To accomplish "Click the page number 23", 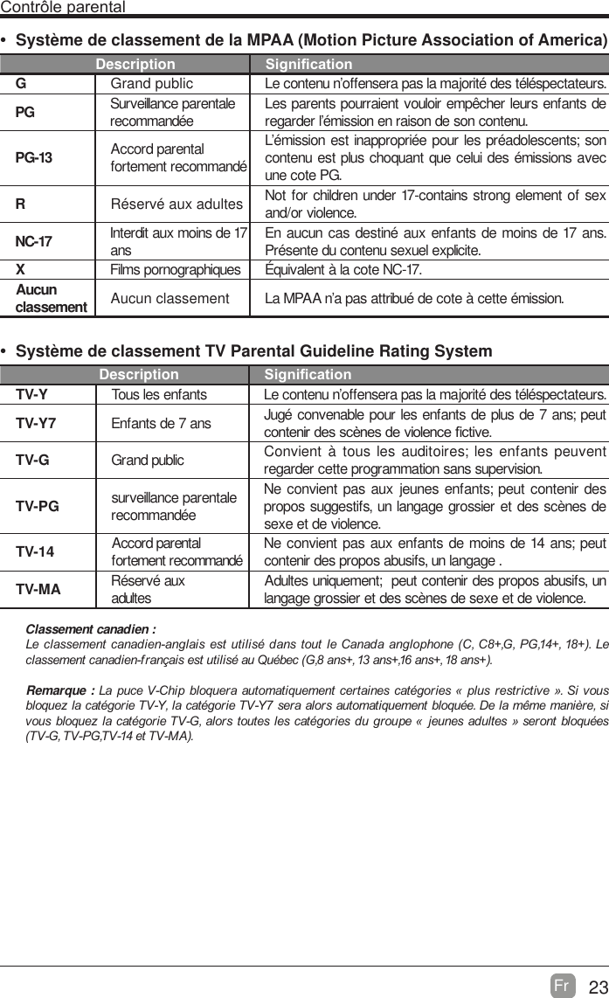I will tap(598, 988).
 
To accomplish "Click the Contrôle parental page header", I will tap(63, 8).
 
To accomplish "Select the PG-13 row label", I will tap(34, 157).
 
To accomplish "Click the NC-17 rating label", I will tap(34, 240).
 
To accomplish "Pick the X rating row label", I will tap(19, 268).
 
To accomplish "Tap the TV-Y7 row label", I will tap(36, 423).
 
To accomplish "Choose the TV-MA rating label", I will tap(38, 589).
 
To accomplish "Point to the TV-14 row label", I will tap(35, 551).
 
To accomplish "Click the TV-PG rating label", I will tap(37, 505).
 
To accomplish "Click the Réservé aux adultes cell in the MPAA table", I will tap(176, 204).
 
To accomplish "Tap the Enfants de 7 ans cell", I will tap(161, 424).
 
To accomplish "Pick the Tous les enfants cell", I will tap(159, 395).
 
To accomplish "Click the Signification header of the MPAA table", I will tap(308, 65).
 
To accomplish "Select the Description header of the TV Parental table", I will tap(139, 375).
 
